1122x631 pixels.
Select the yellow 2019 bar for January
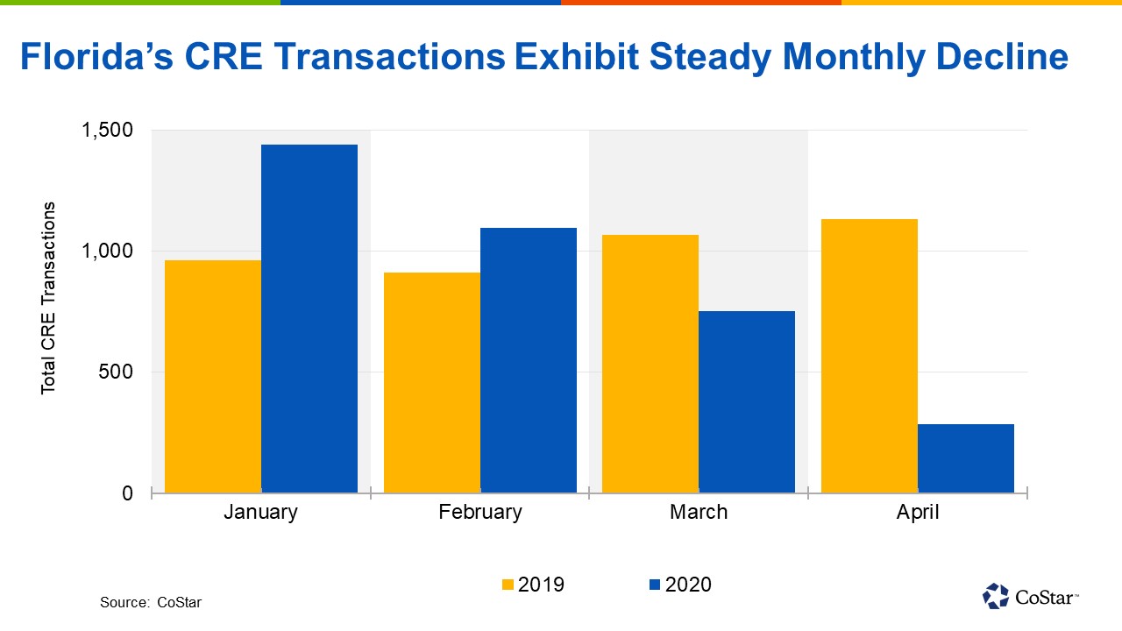pos(213,376)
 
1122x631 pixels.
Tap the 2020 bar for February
pos(529,359)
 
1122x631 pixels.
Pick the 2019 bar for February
pos(432,382)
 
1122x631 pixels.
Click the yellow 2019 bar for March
pos(650,363)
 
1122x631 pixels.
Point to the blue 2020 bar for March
pos(747,401)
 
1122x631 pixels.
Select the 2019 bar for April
pos(870,355)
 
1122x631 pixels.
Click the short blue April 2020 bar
pos(966,458)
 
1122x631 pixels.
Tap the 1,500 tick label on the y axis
pos(107,131)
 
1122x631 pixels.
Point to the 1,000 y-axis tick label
pos(107,252)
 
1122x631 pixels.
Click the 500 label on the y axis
pos(116,372)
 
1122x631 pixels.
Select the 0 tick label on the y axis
pos(127,493)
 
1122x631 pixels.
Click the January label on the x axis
pos(260,513)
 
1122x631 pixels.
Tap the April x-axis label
pos(917,513)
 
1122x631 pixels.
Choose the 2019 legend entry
pos(533,585)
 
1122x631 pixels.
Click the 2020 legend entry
pos(679,585)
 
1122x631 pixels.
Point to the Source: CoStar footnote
pos(150,603)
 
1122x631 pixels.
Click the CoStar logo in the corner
pos(1031,596)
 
